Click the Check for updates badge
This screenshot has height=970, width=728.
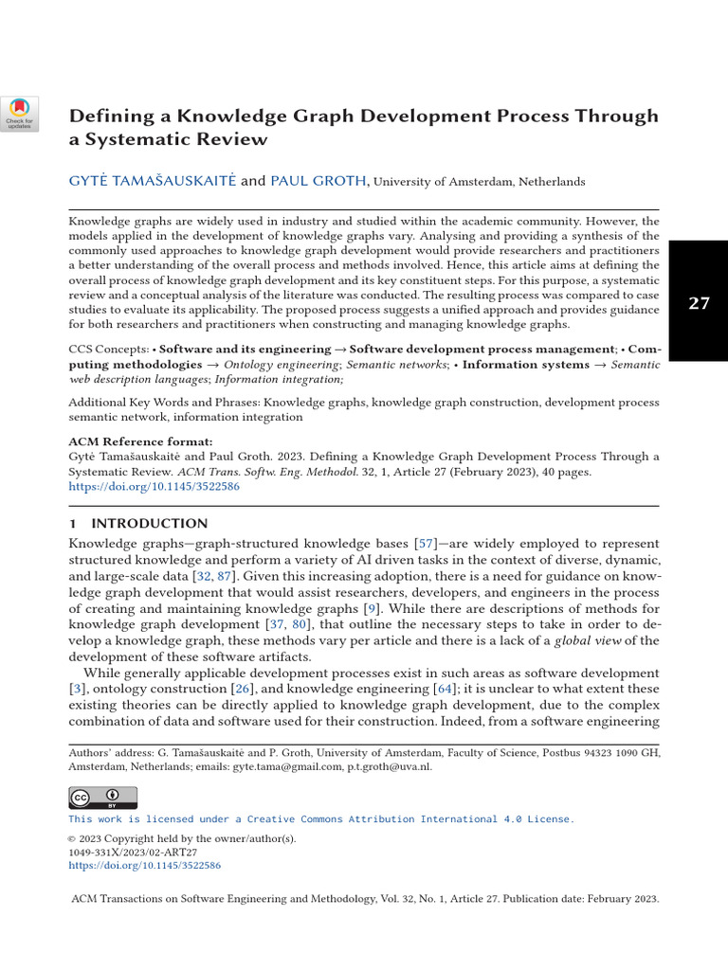tap(20, 114)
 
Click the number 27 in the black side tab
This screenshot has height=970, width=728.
tap(699, 303)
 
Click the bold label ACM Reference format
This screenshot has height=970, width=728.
tap(141, 441)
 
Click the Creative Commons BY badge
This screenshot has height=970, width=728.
tap(102, 797)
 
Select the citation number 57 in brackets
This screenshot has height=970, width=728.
tap(424, 543)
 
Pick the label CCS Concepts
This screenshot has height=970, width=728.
tap(108, 350)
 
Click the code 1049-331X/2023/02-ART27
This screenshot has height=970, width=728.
tap(133, 852)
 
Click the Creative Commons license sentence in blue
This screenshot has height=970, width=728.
tap(320, 818)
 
